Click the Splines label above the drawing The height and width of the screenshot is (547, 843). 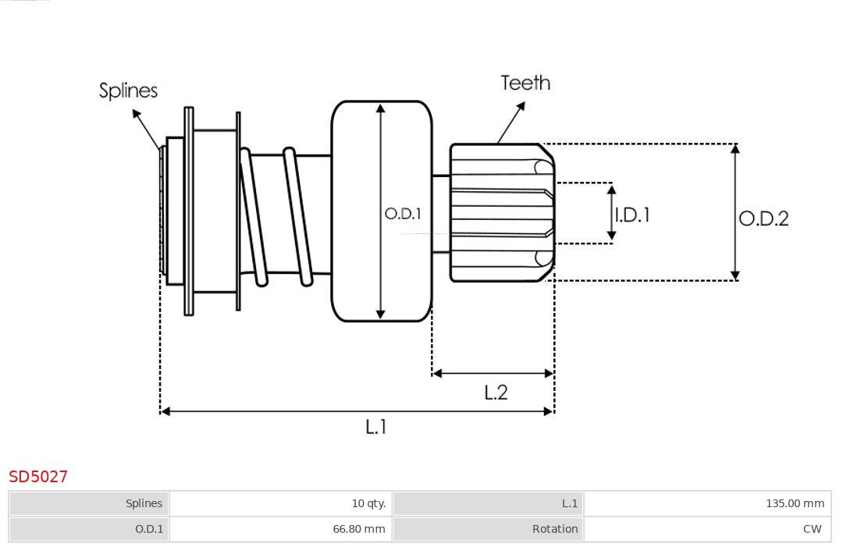(x=128, y=91)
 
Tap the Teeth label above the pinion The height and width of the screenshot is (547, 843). (x=525, y=83)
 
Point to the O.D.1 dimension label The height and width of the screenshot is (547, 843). (x=403, y=214)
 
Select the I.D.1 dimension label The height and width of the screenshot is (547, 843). (x=632, y=215)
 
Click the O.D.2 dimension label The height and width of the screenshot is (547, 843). (x=763, y=218)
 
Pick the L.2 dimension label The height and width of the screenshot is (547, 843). (x=496, y=392)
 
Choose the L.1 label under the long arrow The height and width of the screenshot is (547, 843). (x=375, y=427)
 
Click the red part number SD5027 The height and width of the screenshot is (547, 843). (x=38, y=477)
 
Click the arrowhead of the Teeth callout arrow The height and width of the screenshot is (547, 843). (x=521, y=105)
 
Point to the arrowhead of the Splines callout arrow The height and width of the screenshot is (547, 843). (x=137, y=113)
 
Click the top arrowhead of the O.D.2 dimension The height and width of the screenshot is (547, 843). (x=735, y=148)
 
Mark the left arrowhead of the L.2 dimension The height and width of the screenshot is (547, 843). (x=436, y=373)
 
